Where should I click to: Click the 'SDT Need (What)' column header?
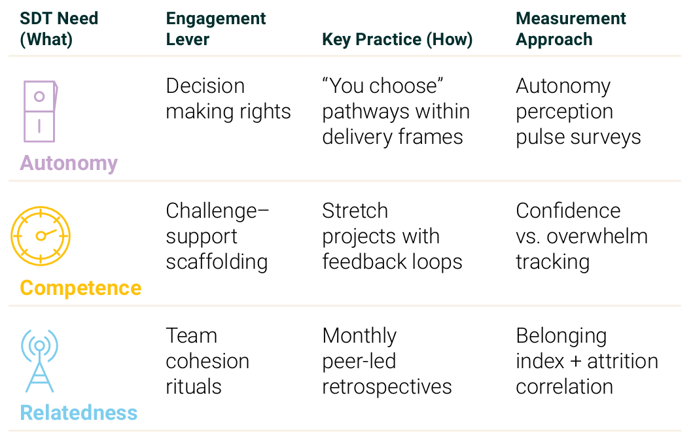pyautogui.click(x=59, y=29)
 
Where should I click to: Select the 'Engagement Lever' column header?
pyautogui.click(x=216, y=29)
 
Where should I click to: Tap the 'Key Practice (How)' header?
pyautogui.click(x=397, y=39)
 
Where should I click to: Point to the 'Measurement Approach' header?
pyautogui.click(x=571, y=29)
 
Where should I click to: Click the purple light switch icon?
pyautogui.click(x=40, y=111)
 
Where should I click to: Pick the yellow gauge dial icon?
pyautogui.click(x=40, y=236)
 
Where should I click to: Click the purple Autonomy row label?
pyautogui.click(x=69, y=163)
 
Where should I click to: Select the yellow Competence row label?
pyautogui.click(x=80, y=288)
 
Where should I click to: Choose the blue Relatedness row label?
pyautogui.click(x=79, y=413)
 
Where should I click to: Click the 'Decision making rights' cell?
pyautogui.click(x=228, y=99)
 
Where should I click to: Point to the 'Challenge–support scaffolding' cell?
pyautogui.click(x=217, y=236)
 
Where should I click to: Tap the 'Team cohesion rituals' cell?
pyautogui.click(x=207, y=361)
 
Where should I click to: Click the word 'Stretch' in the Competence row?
pyautogui.click(x=355, y=211)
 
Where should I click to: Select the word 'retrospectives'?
pyautogui.click(x=387, y=387)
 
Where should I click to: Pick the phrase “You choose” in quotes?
pyautogui.click(x=383, y=86)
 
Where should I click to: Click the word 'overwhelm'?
pyautogui.click(x=597, y=236)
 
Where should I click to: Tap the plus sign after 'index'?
pyautogui.click(x=575, y=362)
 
